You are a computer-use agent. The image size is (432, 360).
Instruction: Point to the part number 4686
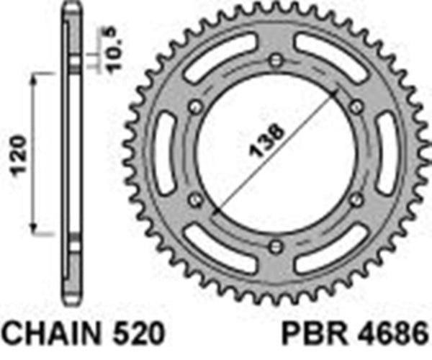(395, 336)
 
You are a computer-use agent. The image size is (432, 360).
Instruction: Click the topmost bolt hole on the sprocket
(274, 61)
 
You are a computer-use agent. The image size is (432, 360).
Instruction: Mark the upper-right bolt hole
(354, 107)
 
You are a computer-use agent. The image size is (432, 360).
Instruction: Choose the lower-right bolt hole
(354, 200)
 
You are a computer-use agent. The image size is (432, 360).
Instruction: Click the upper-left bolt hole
(193, 107)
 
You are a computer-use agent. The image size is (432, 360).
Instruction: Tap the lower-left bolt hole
(193, 200)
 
